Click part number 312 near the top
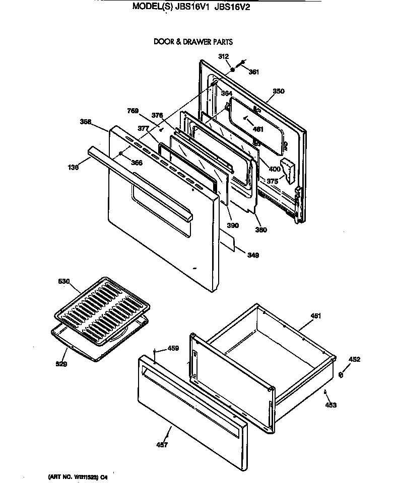tap(224, 56)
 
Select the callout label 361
tap(253, 72)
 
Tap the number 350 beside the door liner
tap(279, 92)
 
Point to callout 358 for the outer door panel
tap(86, 121)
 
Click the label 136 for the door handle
tap(74, 168)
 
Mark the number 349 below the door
tap(253, 256)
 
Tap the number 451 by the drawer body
tap(315, 315)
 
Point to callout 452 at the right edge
tap(355, 359)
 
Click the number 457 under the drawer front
tap(162, 445)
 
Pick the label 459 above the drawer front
tap(173, 348)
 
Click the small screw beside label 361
tap(242, 63)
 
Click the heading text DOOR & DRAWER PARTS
tap(193, 42)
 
